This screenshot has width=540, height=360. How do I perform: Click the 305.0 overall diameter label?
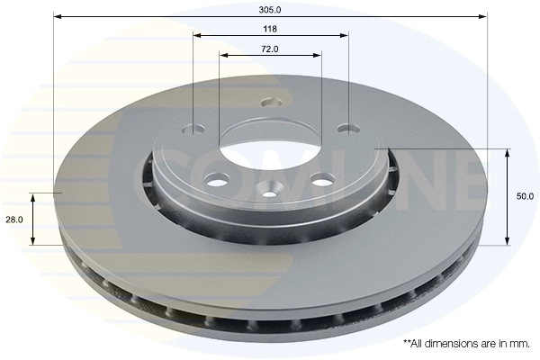(270, 10)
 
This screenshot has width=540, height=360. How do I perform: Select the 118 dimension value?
(270, 29)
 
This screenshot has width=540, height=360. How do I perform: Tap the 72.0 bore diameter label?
(270, 49)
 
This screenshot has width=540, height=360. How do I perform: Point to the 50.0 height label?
(525, 196)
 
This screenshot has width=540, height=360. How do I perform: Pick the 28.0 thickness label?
(14, 220)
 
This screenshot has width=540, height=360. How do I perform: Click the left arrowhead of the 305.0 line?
(58, 16)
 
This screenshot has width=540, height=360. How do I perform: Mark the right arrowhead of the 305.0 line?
(483, 16)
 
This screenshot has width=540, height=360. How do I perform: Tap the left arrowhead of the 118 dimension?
(197, 35)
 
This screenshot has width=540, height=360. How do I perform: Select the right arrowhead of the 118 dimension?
(344, 35)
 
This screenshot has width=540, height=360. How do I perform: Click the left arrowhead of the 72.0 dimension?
(223, 55)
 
